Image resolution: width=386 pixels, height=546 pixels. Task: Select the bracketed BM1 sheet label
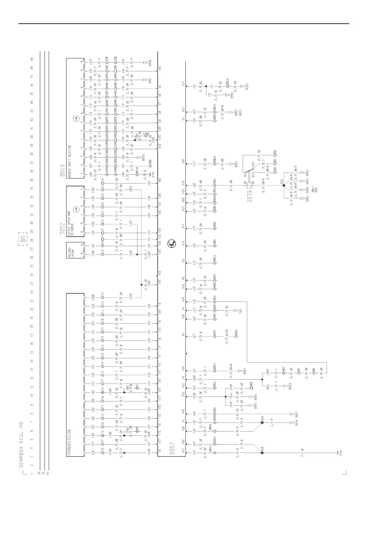23,240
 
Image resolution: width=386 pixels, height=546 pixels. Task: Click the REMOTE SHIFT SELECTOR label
69,161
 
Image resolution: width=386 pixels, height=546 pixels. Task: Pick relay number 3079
250,196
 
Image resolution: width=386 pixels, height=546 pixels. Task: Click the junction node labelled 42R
262,453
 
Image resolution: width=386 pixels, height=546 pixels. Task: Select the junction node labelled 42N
262,422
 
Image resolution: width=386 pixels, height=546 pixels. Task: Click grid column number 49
32,59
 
